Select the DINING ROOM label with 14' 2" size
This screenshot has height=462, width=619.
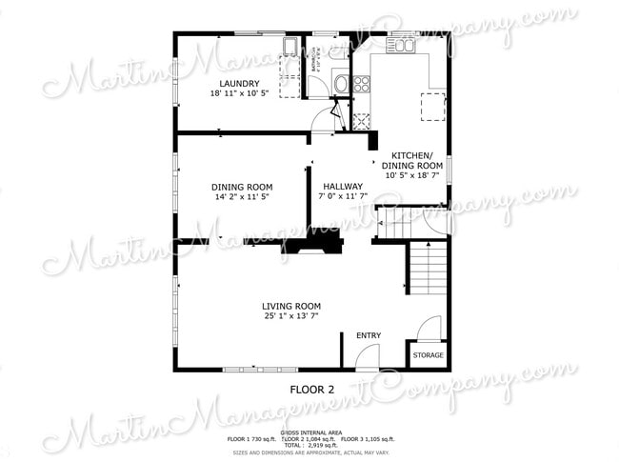(x=242, y=187)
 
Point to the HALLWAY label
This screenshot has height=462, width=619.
(x=343, y=187)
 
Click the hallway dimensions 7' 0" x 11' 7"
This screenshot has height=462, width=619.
(x=343, y=197)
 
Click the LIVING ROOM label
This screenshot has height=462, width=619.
(x=291, y=306)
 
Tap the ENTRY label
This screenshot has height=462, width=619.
(x=369, y=335)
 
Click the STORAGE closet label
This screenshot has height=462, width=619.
(x=428, y=355)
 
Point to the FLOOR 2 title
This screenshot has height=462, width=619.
(x=312, y=390)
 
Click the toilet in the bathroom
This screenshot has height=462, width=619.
(x=342, y=84)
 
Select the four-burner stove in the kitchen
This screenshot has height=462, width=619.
(x=362, y=84)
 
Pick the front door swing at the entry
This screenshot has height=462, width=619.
(x=365, y=359)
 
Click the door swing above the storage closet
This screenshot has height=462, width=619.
(x=429, y=329)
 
